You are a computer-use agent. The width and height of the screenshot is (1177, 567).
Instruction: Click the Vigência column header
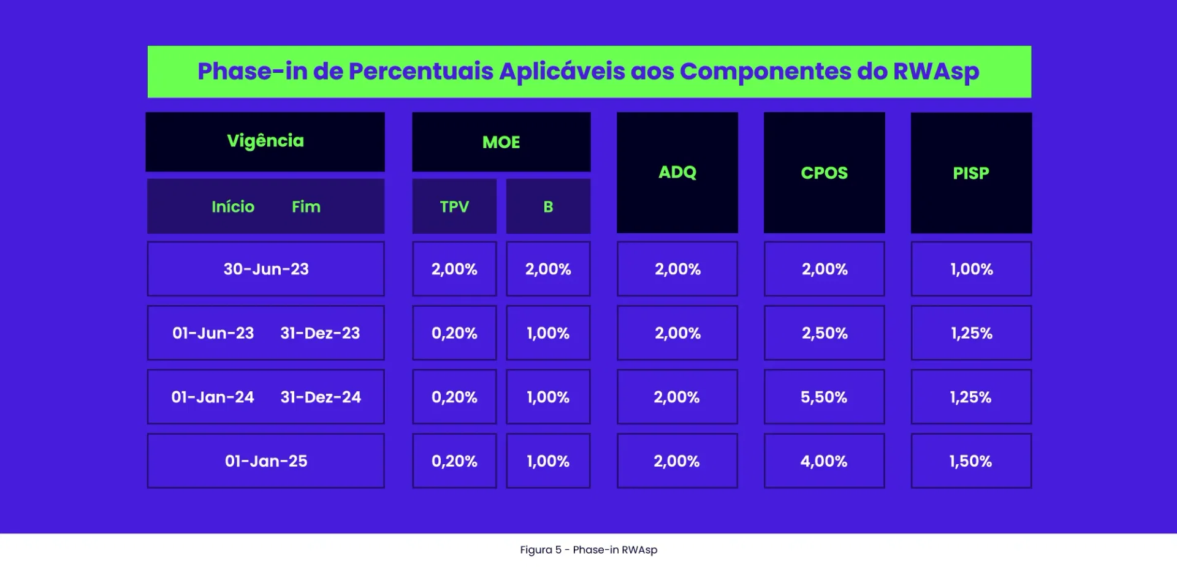coord(265,141)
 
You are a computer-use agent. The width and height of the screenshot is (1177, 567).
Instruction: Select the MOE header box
coord(501,142)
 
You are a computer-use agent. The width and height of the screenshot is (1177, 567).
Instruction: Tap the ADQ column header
coord(677,173)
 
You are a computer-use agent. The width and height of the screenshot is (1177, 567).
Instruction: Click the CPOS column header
coord(824,173)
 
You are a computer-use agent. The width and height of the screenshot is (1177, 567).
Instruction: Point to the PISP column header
coord(971,173)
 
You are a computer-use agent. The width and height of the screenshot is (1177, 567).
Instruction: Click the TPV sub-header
coord(454,207)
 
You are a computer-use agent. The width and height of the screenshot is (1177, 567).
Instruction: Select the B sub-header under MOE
coord(548,207)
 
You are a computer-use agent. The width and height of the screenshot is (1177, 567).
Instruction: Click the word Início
coord(233,207)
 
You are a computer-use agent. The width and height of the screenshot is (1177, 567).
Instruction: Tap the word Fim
coord(306,207)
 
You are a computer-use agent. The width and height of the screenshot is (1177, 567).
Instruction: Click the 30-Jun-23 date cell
coord(265,269)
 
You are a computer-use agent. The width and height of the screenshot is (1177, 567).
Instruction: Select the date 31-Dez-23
coord(320,333)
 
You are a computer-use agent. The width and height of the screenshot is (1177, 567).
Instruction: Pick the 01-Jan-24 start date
coord(213,397)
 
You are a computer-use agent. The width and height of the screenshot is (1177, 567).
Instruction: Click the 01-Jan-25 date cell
coord(265,461)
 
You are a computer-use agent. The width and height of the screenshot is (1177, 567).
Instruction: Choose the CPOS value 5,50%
coord(824,397)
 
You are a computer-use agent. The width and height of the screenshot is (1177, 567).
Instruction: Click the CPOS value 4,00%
coord(824,461)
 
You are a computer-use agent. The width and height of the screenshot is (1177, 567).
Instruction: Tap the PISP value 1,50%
coord(970,461)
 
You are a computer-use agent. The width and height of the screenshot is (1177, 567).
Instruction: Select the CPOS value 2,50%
coord(824,333)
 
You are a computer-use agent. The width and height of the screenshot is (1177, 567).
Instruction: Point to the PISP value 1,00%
coord(971,269)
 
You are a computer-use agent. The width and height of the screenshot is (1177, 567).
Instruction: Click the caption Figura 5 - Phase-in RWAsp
coord(588,550)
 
